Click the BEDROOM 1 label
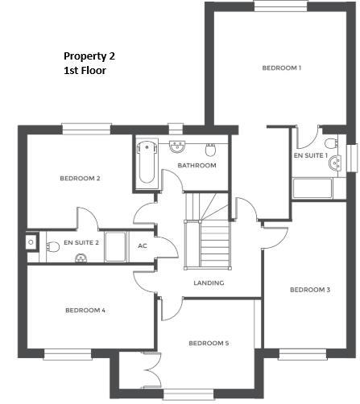point(281,68)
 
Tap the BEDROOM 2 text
point(80,178)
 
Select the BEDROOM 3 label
point(310,290)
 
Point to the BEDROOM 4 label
point(85,310)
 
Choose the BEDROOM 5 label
point(209,344)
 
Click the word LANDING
point(209,282)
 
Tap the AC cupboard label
point(143,245)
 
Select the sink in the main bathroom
point(177,146)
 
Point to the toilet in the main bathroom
point(211,149)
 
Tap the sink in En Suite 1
point(335,163)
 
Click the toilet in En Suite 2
point(81,258)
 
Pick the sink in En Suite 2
point(32,241)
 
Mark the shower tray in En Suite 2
point(115,246)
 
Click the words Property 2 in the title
point(89,56)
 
